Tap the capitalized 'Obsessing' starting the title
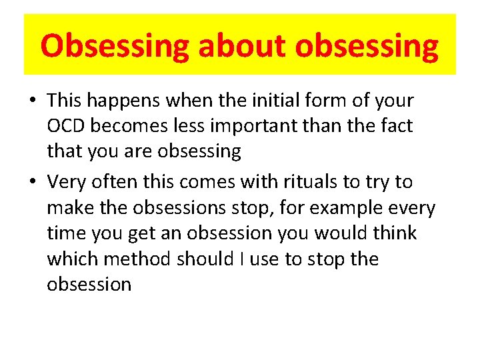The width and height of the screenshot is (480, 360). [x=115, y=46]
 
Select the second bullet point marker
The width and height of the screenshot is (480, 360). [x=32, y=182]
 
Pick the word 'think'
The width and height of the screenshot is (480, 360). [x=393, y=233]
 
